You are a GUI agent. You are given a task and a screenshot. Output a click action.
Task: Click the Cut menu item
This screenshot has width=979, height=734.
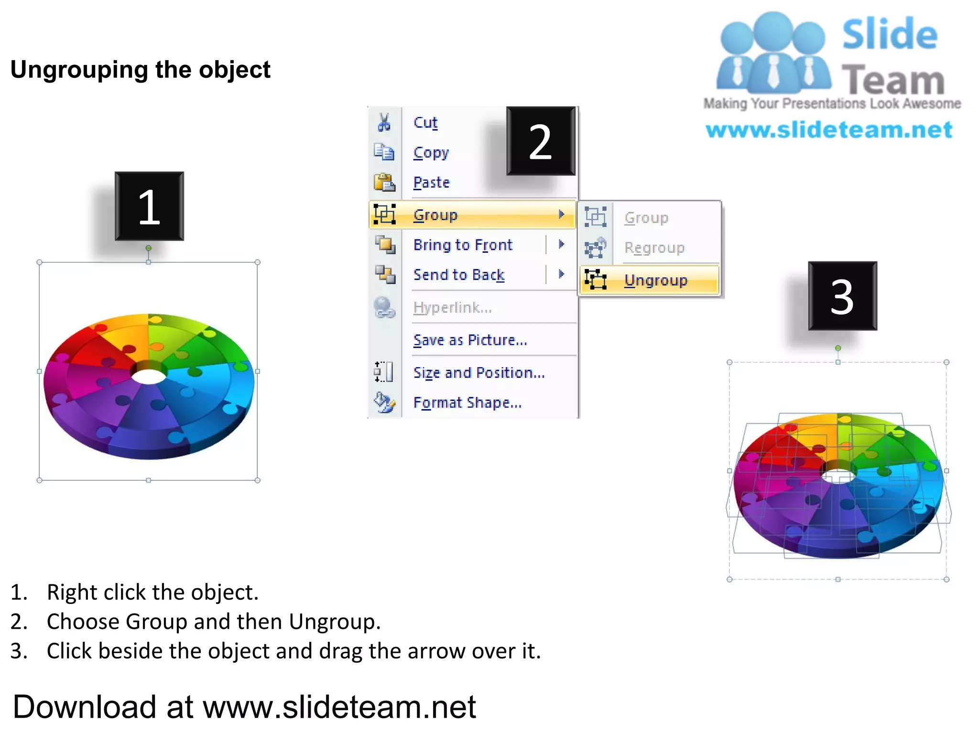pyautogui.click(x=425, y=123)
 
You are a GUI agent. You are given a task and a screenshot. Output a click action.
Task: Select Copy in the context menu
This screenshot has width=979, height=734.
pyautogui.click(x=431, y=153)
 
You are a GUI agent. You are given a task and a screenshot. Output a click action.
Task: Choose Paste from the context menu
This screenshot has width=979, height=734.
pyautogui.click(x=431, y=183)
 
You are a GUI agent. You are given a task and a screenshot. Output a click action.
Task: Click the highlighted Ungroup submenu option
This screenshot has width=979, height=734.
pyautogui.click(x=655, y=281)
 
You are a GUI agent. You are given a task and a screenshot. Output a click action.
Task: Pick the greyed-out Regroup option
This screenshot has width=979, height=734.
pyautogui.click(x=654, y=248)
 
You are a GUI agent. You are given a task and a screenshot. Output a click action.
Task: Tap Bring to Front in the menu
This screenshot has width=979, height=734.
pyautogui.click(x=462, y=245)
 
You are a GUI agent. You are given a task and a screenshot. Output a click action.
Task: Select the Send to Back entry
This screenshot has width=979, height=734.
pyautogui.click(x=458, y=275)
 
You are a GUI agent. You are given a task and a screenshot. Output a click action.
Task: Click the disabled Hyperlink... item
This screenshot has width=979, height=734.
pyautogui.click(x=452, y=308)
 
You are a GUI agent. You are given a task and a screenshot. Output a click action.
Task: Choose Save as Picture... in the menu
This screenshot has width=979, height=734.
pyautogui.click(x=470, y=340)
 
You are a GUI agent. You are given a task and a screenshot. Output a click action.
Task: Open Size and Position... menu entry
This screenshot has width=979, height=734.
pyautogui.click(x=479, y=373)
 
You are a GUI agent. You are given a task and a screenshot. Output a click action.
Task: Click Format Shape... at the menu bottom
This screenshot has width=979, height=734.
pyautogui.click(x=467, y=403)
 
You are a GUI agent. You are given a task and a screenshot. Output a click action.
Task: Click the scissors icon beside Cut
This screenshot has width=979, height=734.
pyautogui.click(x=384, y=122)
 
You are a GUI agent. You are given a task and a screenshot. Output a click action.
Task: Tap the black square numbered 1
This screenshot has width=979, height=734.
pyautogui.click(x=149, y=206)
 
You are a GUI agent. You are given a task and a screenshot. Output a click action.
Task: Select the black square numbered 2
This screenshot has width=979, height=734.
pyautogui.click(x=541, y=141)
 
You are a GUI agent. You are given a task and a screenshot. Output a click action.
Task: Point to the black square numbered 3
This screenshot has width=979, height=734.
pyautogui.click(x=842, y=296)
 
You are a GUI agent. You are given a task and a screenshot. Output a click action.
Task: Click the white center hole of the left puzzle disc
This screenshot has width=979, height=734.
pyautogui.click(x=149, y=376)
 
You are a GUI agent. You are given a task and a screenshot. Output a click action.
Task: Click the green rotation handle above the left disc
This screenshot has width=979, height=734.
pyautogui.click(x=149, y=248)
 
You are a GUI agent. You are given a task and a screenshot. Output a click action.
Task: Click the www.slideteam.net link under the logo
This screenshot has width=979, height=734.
pyautogui.click(x=829, y=130)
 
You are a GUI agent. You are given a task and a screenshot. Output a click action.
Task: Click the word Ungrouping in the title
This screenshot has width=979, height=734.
pyautogui.click(x=79, y=70)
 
